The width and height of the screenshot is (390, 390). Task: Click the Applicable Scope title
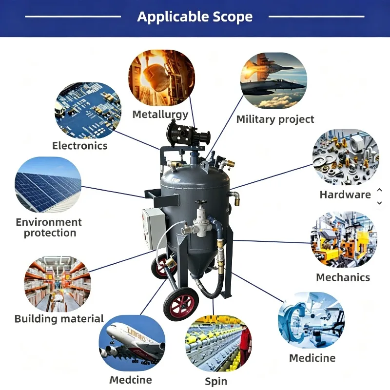pos(195,17)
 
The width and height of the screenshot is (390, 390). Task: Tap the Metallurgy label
pos(160,115)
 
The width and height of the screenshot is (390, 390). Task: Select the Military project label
pos(275,119)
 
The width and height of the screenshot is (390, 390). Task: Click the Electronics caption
pos(80,146)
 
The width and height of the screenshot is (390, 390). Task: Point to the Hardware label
pos(345,195)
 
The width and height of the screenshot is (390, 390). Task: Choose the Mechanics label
pos(343,277)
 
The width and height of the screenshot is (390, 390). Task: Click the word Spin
pos(216,382)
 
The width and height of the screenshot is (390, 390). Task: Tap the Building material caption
pos(59,319)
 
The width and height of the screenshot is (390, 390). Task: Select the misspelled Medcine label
pos(131,380)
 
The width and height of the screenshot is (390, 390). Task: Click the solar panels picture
pos(48,185)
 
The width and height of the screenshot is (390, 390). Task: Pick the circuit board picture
pos(88,111)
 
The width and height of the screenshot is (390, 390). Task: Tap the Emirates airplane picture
pos(132,343)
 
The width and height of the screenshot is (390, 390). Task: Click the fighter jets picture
pos(273,80)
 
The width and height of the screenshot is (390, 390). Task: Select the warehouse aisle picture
pos(58,284)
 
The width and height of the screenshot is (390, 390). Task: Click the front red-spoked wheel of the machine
pos(181,304)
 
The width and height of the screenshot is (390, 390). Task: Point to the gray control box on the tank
pos(154,229)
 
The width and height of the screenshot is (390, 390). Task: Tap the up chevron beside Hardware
pos(380,190)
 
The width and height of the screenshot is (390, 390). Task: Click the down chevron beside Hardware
pos(380,203)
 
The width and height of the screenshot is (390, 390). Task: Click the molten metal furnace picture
pos(162,78)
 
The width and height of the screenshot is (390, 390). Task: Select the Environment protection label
pos(49,228)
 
